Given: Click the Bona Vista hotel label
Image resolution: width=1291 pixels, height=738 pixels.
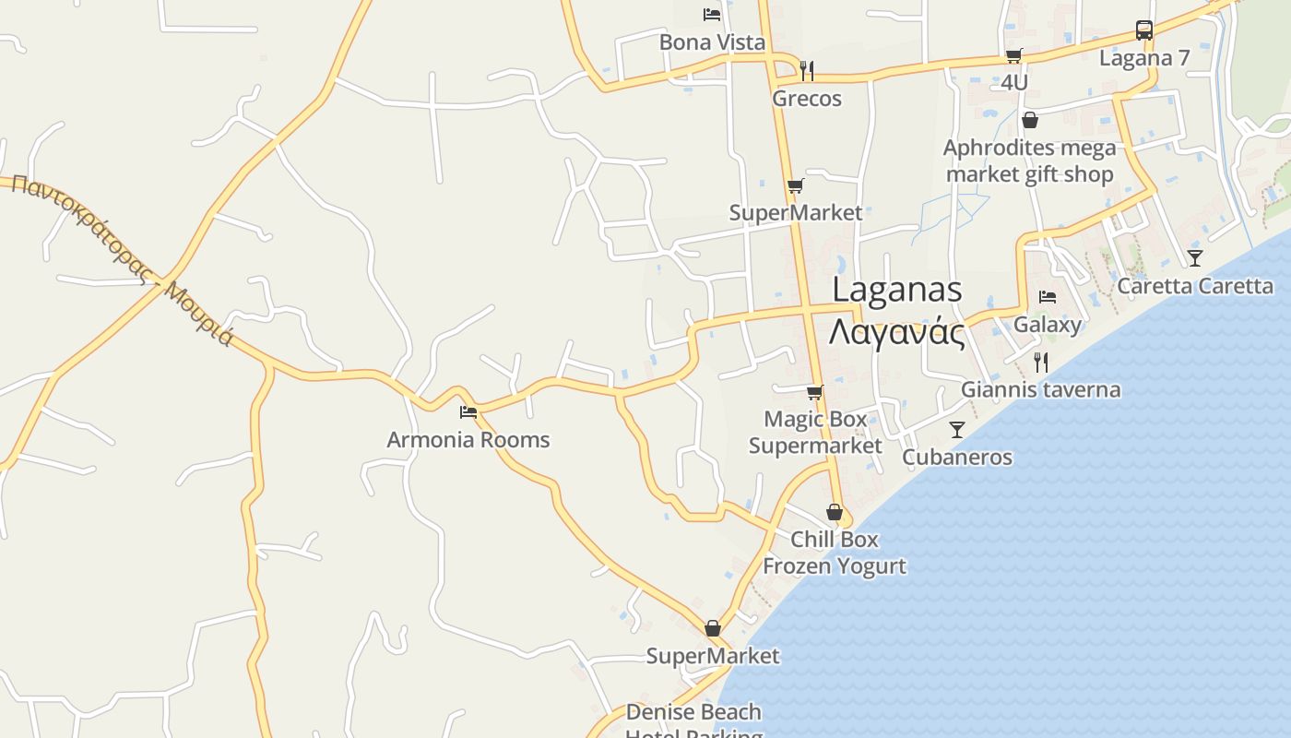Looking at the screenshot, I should click(712, 42).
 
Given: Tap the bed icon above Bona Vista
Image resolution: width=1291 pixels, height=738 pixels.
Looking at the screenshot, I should click(712, 15).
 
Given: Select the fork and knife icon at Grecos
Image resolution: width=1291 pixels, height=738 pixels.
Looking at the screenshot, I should click(807, 70).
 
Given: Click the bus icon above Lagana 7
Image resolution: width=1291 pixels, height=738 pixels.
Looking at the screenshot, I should click(1144, 30).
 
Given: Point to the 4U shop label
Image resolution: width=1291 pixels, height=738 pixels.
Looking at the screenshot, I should click(1014, 83).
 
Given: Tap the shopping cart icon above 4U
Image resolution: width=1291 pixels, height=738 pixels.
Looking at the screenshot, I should click(1014, 56).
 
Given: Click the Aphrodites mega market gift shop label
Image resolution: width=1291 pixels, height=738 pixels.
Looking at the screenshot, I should click(1029, 161).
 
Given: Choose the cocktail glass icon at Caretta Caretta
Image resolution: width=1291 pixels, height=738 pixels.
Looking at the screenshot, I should click(1195, 257).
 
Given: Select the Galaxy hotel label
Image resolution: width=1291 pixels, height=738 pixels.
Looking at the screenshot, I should click(1048, 325).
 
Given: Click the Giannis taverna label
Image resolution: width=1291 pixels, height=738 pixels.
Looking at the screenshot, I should click(1041, 390).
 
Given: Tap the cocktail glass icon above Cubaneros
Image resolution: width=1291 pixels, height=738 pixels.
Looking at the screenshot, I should click(957, 430).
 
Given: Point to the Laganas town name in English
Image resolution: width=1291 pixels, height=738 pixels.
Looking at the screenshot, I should click(897, 290).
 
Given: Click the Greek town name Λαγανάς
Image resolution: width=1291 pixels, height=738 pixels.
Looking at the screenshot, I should click(897, 333).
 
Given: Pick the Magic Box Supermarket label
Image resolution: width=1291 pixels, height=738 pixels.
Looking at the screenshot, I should click(815, 433).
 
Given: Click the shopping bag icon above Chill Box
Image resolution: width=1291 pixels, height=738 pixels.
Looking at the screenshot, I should click(835, 512).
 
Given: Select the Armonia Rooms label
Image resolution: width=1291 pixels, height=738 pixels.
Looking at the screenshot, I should click(468, 440).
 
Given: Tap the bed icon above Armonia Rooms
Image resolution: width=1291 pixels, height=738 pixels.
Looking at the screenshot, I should click(468, 412).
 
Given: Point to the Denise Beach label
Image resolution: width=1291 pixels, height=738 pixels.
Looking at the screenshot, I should click(693, 712).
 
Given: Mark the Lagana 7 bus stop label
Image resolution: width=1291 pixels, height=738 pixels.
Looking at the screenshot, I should click(1144, 58).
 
